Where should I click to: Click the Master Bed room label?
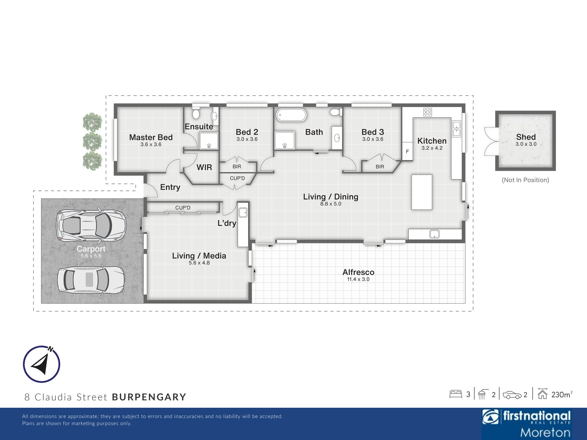151,137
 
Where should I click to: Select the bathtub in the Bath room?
291,115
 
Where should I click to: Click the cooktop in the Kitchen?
427,112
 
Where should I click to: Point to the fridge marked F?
407,151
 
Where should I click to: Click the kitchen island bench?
422,192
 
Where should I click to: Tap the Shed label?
526,137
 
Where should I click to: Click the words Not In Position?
525,180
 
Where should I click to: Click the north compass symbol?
42,364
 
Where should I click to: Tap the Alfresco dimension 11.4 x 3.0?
358,279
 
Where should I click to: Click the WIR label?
204,167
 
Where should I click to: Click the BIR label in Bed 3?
380,167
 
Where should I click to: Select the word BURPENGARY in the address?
149,397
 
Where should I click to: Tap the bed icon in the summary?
456,394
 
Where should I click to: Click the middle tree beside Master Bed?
92,141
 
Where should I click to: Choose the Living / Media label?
199,256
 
